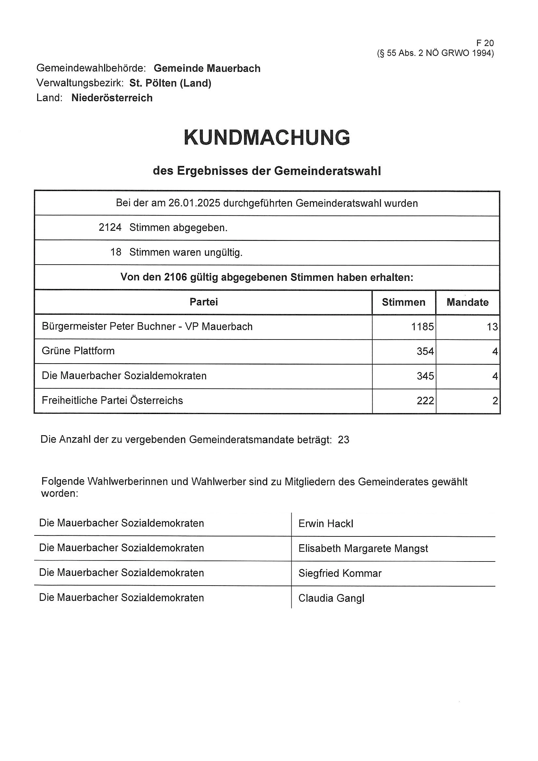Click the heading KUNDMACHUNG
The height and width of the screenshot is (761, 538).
267,138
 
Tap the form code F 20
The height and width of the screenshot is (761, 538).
485,43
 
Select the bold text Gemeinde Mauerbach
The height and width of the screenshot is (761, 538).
207,68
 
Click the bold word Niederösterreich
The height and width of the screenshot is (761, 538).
112,98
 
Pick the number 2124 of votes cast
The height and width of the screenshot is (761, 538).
110,228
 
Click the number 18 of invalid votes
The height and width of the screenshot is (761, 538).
116,252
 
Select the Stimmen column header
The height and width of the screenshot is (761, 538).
403,302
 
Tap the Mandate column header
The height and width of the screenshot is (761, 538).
467,302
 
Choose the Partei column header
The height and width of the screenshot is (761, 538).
203,302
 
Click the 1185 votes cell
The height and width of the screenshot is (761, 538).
422,327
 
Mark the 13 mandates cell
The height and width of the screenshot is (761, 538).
492,327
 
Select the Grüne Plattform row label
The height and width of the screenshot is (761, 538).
78,351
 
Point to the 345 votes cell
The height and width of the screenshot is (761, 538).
425,376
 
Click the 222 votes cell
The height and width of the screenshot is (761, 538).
425,401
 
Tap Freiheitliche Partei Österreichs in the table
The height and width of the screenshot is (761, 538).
112,400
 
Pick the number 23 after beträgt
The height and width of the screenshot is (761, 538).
343,439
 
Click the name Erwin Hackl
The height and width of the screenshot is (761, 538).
325,524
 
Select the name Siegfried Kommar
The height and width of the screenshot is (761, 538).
340,574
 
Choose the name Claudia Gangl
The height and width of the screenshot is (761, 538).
331,598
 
